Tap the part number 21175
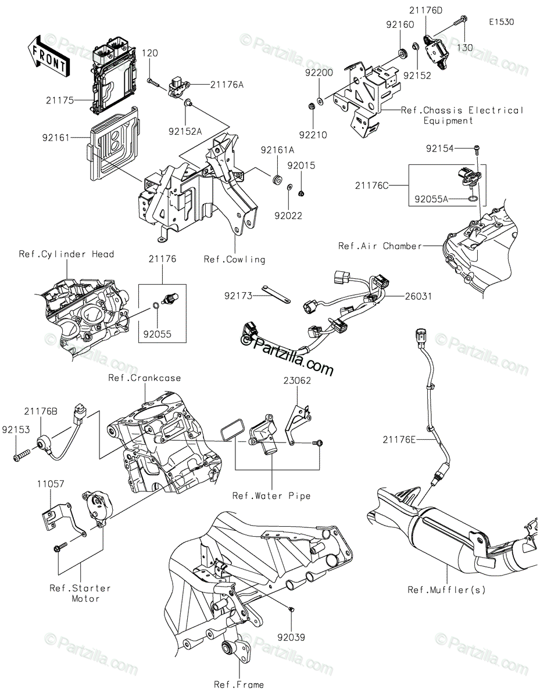click(x=60, y=100)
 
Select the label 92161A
click(x=277, y=150)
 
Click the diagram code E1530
click(x=502, y=22)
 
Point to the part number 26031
click(x=418, y=296)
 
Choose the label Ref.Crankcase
click(x=144, y=378)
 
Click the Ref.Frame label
click(x=239, y=685)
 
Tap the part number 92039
click(x=291, y=637)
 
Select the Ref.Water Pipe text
click(x=271, y=496)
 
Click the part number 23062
click(x=297, y=380)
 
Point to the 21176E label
click(x=399, y=440)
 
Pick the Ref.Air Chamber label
click(x=380, y=246)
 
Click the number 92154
click(x=440, y=149)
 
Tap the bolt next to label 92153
click(x=22, y=455)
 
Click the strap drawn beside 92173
click(x=276, y=294)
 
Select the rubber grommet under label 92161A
click(x=276, y=180)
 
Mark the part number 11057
click(x=51, y=484)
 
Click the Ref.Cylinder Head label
click(x=66, y=254)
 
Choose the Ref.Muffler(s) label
click(x=446, y=590)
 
